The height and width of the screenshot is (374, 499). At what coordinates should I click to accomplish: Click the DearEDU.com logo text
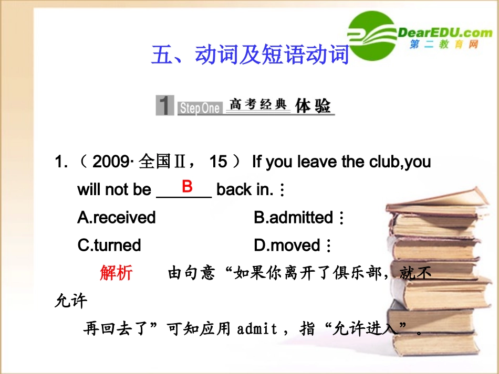[x=445, y=33]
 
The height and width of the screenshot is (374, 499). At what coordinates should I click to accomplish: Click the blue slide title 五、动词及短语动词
[x=250, y=55]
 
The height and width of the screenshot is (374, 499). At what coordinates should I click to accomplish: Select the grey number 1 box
[x=165, y=105]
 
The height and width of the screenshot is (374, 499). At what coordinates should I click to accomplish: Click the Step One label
[x=199, y=108]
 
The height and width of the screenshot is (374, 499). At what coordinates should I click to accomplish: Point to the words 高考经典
[x=258, y=104]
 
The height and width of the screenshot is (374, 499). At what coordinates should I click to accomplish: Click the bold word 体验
[x=313, y=105]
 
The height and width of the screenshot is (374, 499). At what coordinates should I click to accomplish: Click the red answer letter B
[x=187, y=186]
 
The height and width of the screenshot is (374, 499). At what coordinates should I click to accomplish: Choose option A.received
[x=117, y=217]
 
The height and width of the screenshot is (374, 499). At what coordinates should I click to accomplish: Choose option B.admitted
[x=294, y=217]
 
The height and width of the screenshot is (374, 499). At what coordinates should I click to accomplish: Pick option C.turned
[x=109, y=245]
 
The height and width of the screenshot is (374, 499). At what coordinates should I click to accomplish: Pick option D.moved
[x=287, y=245]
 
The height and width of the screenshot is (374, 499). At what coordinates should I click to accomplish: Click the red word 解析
[x=116, y=273]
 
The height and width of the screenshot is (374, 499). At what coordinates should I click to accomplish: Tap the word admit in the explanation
[x=257, y=329]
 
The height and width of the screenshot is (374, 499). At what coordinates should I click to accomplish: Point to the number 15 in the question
[x=218, y=162]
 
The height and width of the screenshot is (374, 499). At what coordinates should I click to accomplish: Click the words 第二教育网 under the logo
[x=444, y=45]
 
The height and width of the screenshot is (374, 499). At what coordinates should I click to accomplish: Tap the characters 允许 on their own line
[x=71, y=301]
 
